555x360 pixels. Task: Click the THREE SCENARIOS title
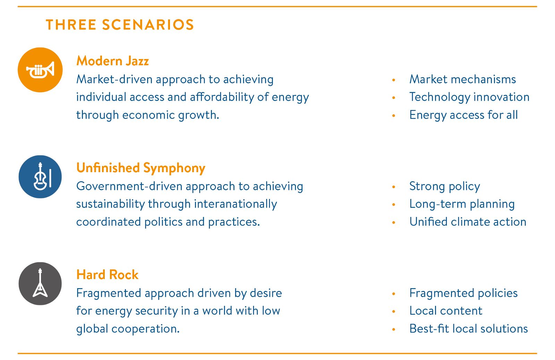tap(120, 25)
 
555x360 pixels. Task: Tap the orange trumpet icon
tap(40, 70)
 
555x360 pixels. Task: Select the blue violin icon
tap(40, 177)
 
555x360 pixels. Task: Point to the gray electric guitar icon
tap(40, 284)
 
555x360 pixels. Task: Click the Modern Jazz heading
tap(112, 61)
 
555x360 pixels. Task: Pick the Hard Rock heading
tap(107, 275)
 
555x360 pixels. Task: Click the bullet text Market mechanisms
tap(463, 79)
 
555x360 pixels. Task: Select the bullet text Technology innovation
tap(469, 97)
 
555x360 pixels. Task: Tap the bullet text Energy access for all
tap(463, 115)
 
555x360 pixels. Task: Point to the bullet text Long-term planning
tap(462, 204)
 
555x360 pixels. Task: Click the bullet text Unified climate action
tap(468, 221)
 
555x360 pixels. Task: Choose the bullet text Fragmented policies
tap(463, 293)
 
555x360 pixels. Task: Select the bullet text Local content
tap(446, 311)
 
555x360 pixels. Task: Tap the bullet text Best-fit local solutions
tap(469, 328)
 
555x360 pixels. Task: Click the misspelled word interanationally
tap(236, 204)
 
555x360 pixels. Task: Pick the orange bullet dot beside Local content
tap(394, 311)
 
